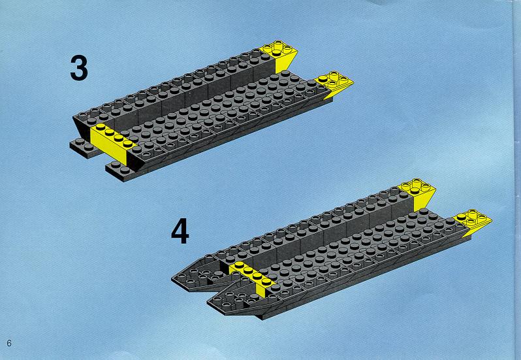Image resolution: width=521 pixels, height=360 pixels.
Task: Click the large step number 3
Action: [x=79, y=68]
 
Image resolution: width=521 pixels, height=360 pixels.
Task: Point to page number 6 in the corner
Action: [x=9, y=343]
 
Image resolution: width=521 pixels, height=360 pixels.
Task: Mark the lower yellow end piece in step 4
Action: [x=473, y=221]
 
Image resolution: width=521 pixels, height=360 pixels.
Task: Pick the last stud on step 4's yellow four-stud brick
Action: [x=266, y=281]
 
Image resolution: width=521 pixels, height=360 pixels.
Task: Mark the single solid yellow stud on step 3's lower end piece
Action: [x=322, y=79]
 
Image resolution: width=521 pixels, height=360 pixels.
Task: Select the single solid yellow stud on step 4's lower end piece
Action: [x=461, y=217]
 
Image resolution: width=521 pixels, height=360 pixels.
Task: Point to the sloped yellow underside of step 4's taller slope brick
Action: [x=424, y=201]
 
